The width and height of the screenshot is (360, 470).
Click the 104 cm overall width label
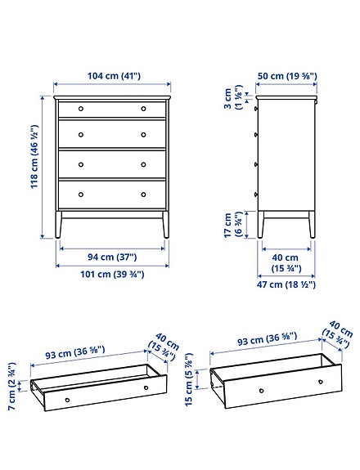112,76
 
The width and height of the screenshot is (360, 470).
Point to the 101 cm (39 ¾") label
112,275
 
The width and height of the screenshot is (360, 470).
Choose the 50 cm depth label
286,76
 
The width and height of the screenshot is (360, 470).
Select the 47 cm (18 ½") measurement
286,284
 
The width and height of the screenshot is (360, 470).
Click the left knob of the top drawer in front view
81,108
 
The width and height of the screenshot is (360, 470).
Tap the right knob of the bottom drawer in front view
143,195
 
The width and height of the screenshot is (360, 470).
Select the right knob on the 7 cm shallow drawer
146,387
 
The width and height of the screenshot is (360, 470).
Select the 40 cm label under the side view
286,262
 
